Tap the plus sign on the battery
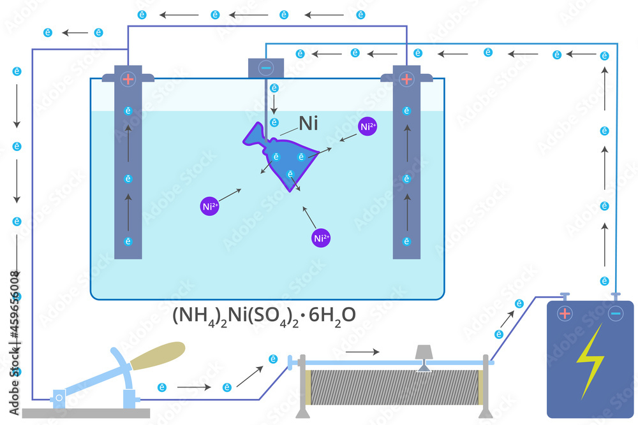point(565,313)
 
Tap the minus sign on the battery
point(615,313)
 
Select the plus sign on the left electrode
point(128,79)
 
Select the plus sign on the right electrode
point(406,79)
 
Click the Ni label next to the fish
point(308,124)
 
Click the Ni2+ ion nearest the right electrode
point(368,127)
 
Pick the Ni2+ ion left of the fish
point(210,206)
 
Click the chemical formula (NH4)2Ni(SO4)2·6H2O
point(263,315)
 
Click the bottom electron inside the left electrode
point(128,241)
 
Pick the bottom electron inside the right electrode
point(406,241)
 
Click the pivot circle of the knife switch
point(59,399)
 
